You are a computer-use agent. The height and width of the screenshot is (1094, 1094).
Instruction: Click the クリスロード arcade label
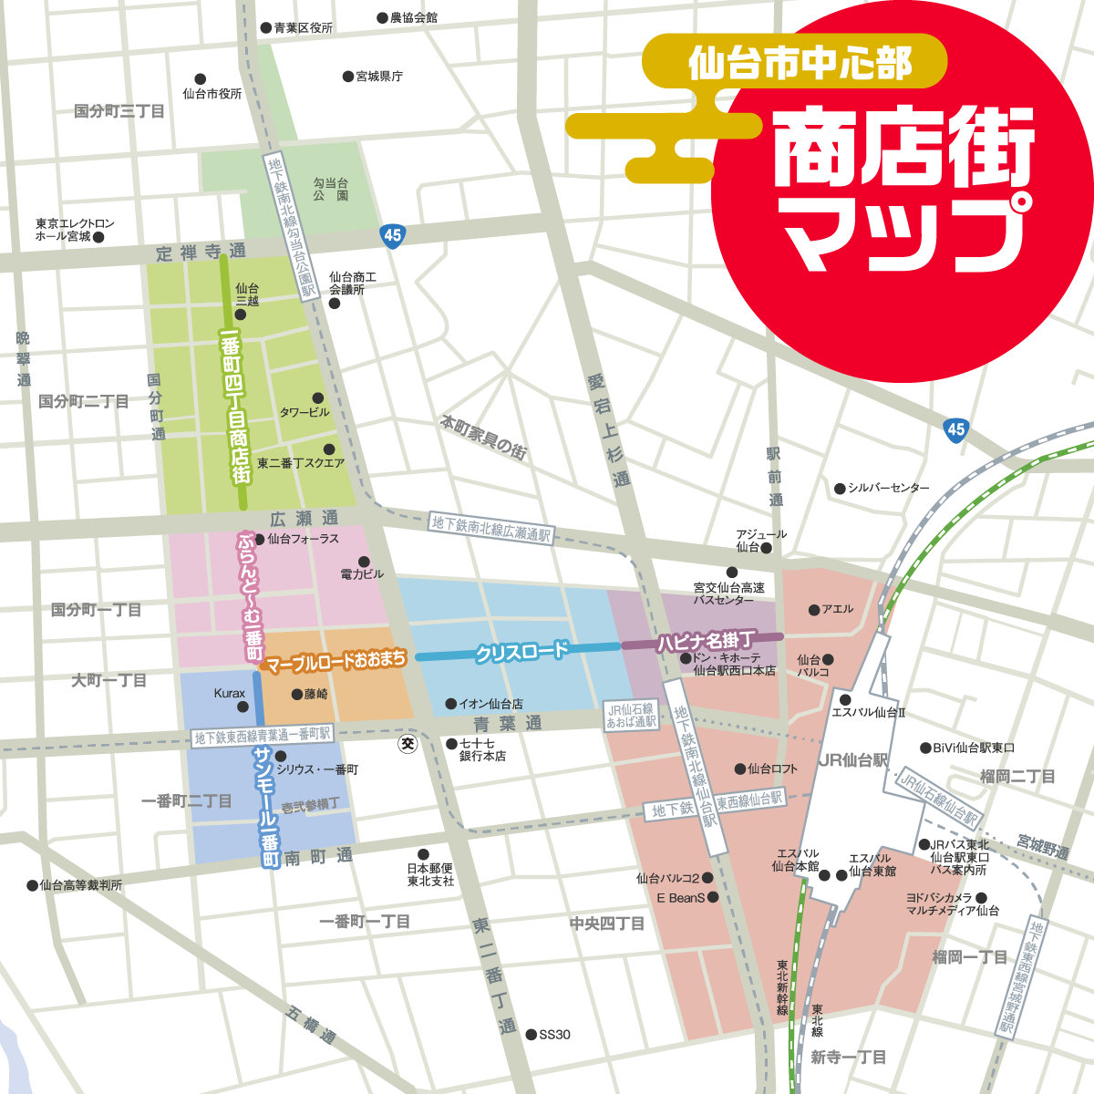pyautogui.click(x=521, y=653)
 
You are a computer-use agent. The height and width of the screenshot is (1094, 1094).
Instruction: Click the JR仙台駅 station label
pyautogui.click(x=852, y=759)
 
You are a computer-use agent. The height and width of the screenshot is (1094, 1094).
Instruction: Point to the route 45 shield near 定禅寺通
pyautogui.click(x=392, y=234)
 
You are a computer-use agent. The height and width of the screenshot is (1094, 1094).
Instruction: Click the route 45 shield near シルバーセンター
pyautogui.click(x=955, y=429)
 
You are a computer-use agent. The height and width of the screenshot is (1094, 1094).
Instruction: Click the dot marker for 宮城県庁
pyautogui.click(x=348, y=77)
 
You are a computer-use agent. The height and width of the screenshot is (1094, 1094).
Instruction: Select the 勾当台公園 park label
pyautogui.click(x=331, y=190)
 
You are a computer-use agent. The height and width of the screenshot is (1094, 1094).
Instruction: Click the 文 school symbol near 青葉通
pyautogui.click(x=408, y=744)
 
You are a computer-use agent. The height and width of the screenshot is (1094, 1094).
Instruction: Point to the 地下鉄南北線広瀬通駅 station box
pyautogui.click(x=491, y=529)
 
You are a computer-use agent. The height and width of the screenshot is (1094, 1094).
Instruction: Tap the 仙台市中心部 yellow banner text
pyautogui.click(x=800, y=63)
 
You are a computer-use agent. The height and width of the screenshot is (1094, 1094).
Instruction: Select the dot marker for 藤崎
pyautogui.click(x=297, y=694)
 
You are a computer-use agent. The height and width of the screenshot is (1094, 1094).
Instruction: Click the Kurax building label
pyautogui.click(x=229, y=694)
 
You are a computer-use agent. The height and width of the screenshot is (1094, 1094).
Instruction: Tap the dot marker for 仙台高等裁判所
pyautogui.click(x=33, y=884)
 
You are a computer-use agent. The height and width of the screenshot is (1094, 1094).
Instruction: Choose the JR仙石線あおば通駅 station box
pyautogui.click(x=632, y=716)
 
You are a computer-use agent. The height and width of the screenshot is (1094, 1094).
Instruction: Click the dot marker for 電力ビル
pyautogui.click(x=365, y=562)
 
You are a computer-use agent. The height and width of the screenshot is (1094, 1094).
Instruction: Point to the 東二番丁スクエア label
pyautogui.click(x=301, y=463)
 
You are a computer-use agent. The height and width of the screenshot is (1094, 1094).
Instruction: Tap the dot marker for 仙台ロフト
pyautogui.click(x=740, y=769)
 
